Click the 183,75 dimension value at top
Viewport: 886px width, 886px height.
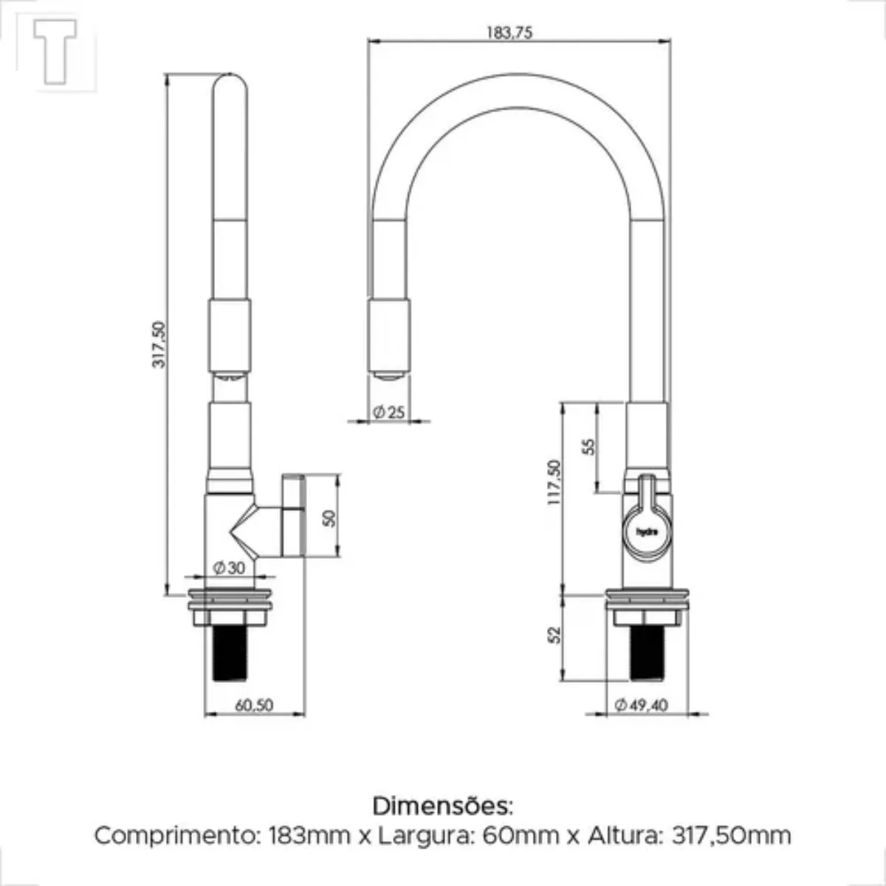509,32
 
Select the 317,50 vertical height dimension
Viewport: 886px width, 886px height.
159,345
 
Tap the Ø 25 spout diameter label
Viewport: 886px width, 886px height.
389,413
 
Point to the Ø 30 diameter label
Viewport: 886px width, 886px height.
229,568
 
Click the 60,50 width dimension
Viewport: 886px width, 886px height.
254,705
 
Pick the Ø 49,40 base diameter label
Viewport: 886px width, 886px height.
642,705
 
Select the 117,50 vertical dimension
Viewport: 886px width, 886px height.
554,482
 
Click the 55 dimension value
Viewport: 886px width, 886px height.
588,447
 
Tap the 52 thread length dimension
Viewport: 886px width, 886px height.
555,635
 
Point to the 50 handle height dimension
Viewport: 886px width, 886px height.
329,518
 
